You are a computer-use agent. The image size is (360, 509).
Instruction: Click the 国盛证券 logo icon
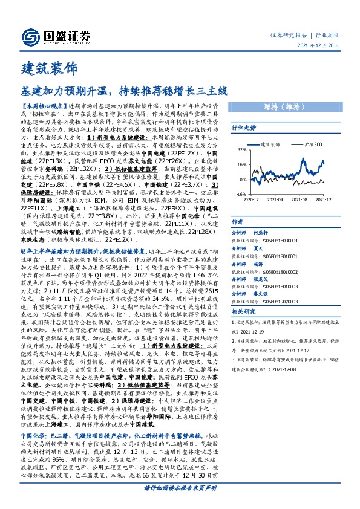click(28, 36)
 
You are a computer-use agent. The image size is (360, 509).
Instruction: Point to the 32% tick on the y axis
click(242, 149)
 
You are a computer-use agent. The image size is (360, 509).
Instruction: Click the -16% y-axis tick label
click(241, 193)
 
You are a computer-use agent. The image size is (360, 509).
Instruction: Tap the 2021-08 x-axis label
click(300, 198)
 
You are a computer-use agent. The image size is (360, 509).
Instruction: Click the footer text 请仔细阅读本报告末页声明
click(180, 487)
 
